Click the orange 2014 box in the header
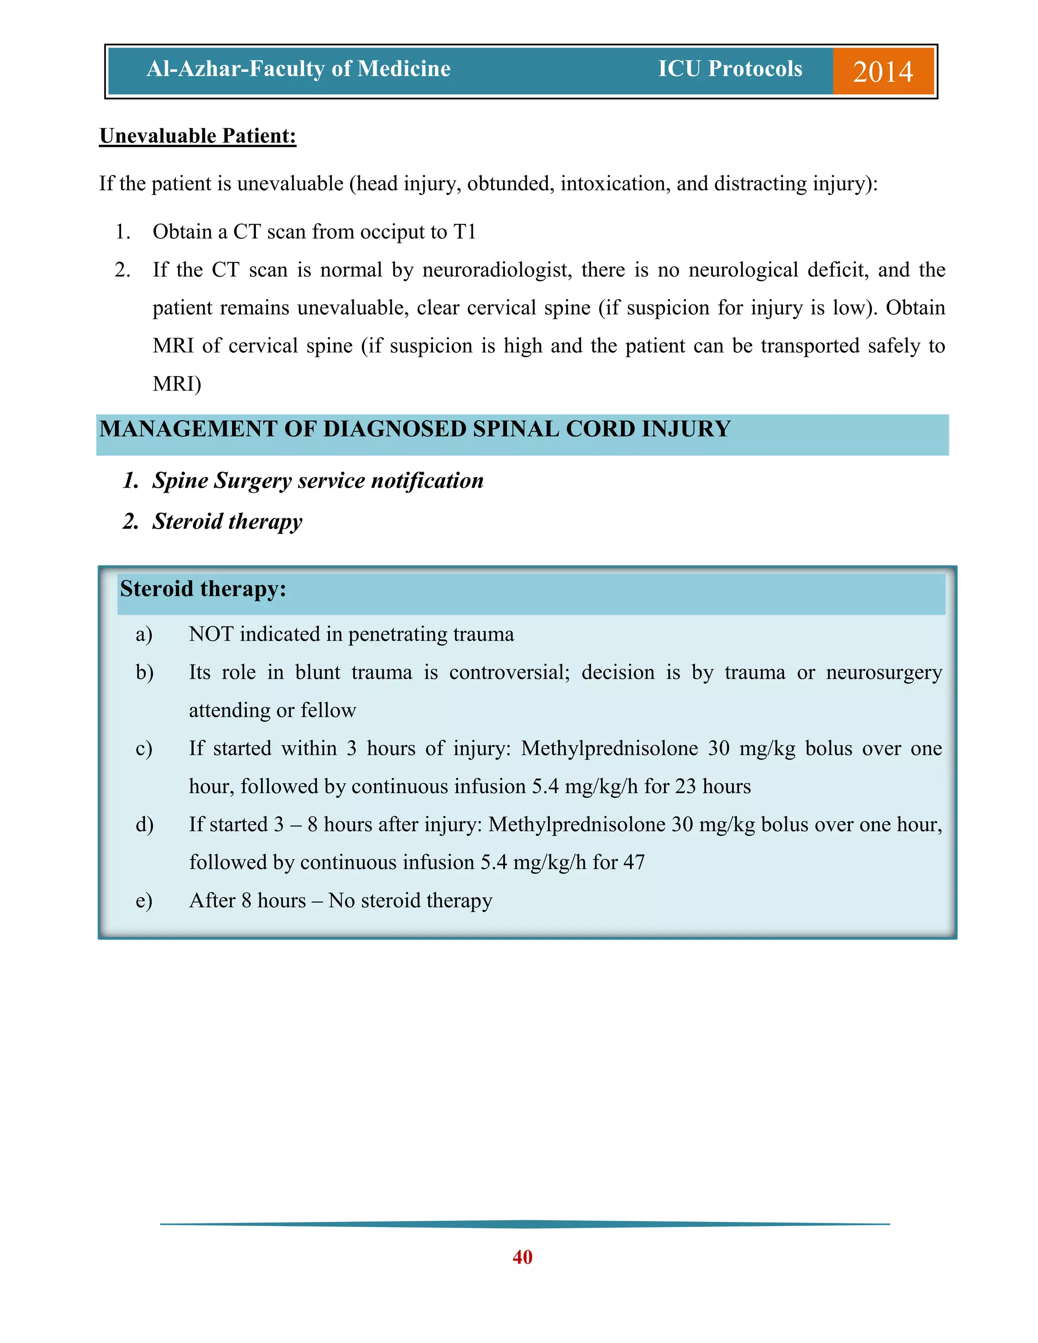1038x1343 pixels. tap(882, 71)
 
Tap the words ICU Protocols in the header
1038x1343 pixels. tap(730, 69)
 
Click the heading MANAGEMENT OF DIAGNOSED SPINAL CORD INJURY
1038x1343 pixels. tap(415, 429)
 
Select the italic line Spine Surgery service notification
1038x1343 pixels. tap(317, 480)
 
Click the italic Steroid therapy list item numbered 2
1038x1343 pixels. tap(227, 521)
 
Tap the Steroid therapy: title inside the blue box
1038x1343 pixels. tap(203, 589)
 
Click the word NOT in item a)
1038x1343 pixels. tap(210, 634)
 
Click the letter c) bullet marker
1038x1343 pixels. tap(144, 749)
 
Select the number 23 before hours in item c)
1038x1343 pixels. tap(685, 787)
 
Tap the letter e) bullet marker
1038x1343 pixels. tap(144, 901)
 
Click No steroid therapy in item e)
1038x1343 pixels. tap(410, 901)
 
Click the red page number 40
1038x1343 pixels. tap(522, 1257)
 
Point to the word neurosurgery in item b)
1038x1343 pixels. tap(883, 672)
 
